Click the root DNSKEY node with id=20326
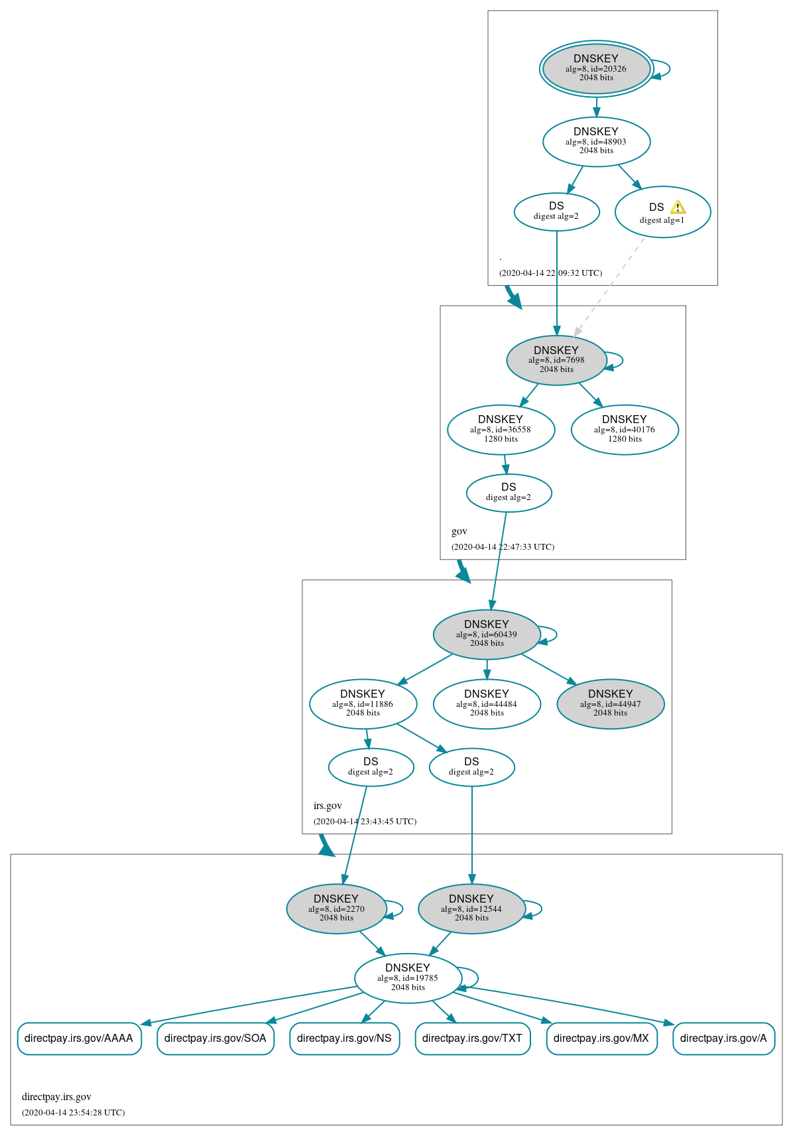596,68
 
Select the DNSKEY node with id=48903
596,141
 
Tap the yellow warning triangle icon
678,207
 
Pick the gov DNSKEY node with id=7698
556,360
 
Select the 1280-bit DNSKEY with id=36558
501,430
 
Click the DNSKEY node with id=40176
624,430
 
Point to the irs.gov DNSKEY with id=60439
487,635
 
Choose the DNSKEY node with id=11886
363,704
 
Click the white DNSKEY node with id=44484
487,704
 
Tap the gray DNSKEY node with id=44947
610,704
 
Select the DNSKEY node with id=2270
336,909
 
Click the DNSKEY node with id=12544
471,909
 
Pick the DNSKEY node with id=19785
408,978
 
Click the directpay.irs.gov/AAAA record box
79,1039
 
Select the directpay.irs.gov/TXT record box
472,1039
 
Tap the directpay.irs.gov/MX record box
601,1039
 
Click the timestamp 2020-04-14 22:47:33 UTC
503,547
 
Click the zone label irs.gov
328,806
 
